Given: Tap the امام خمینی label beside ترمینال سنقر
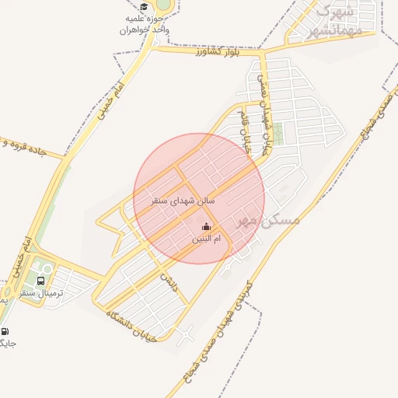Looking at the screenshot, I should [21, 257].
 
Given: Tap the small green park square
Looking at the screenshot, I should [278, 134].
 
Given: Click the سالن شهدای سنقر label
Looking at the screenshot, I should [183, 201].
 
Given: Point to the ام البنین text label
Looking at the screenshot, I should [206, 239].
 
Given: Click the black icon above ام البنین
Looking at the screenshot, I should [206, 227].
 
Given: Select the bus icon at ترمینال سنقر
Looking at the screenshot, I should [40, 281].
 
